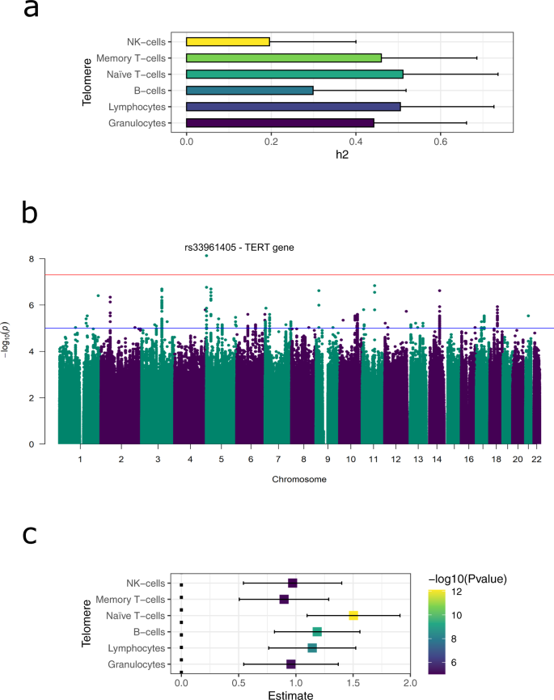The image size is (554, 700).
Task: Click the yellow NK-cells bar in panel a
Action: (x=227, y=41)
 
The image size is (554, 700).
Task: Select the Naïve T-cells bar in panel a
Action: (x=294, y=74)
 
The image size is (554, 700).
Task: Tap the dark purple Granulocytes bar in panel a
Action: (x=280, y=122)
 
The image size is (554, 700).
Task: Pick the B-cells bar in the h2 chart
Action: (x=249, y=90)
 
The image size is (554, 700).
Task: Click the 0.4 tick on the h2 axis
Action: (x=356, y=142)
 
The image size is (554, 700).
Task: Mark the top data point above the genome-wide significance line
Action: (x=206, y=256)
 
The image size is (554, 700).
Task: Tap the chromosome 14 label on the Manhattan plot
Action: (x=438, y=459)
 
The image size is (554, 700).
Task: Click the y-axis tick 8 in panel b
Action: (x=32, y=259)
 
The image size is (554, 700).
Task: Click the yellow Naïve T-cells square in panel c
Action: (x=353, y=616)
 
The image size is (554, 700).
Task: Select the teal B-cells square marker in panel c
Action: (x=317, y=632)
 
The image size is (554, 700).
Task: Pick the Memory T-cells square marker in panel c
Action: (x=284, y=599)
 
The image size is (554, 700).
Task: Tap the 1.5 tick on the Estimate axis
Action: (x=353, y=684)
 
